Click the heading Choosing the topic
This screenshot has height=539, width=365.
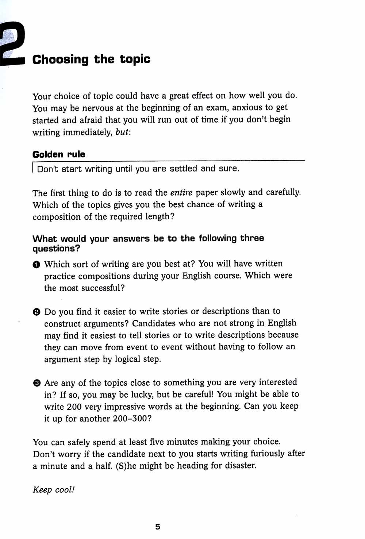pos(91,59)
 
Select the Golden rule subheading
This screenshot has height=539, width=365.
pos(59,154)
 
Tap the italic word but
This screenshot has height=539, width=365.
pos(122,132)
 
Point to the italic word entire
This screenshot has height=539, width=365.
pos(181,192)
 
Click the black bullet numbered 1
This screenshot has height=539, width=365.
pos(36,265)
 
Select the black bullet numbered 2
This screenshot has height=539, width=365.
pos(36,312)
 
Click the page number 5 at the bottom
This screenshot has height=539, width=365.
pos(158,527)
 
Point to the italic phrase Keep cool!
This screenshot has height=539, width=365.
pos(54,490)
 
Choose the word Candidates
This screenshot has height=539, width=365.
pos(154,323)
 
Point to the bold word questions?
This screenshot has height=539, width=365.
pos(56,249)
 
